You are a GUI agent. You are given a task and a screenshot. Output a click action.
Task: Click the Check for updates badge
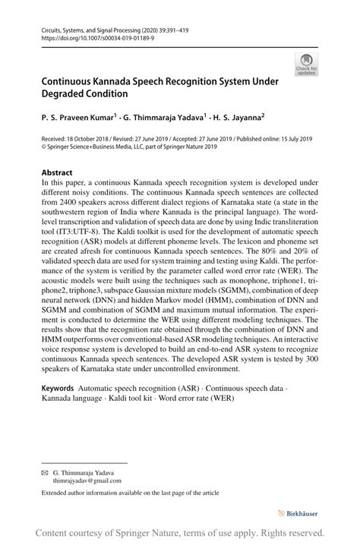click(307, 65)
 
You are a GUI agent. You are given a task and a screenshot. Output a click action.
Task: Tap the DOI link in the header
click(93, 36)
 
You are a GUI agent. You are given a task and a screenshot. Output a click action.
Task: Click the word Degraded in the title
click(71, 95)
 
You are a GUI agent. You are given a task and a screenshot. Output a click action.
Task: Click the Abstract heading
click(57, 172)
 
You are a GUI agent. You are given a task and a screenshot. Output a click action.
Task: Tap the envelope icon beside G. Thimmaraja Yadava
click(44, 472)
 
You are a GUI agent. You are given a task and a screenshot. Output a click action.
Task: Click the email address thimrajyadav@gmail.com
click(87, 481)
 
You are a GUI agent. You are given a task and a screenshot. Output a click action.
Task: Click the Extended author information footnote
click(130, 493)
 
